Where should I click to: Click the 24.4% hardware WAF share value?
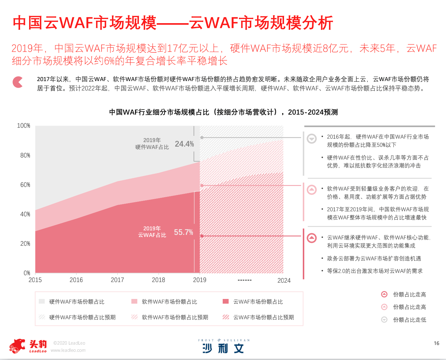[x=184, y=144]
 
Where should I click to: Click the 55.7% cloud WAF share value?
[x=183, y=232]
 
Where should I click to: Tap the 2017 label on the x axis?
[x=117, y=280]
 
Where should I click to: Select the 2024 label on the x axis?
[x=284, y=280]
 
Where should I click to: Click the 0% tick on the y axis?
[x=27, y=273]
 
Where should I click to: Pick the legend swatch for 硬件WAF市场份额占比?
[x=42, y=301]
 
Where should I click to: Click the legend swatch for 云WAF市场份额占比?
[x=226, y=301]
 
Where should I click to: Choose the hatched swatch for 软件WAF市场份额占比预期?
[x=134, y=317]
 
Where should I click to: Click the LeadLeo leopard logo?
[x=18, y=346]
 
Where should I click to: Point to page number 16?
[x=436, y=343]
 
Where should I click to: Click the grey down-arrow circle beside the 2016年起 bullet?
[x=312, y=138]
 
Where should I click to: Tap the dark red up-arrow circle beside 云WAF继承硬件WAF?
[x=312, y=238]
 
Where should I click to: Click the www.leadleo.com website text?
[x=68, y=350]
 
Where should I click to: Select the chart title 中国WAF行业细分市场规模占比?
[x=223, y=112]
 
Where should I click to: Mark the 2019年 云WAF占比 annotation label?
[x=152, y=232]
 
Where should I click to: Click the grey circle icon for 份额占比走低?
[x=384, y=320]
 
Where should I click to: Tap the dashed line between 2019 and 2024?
[x=245, y=280]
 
